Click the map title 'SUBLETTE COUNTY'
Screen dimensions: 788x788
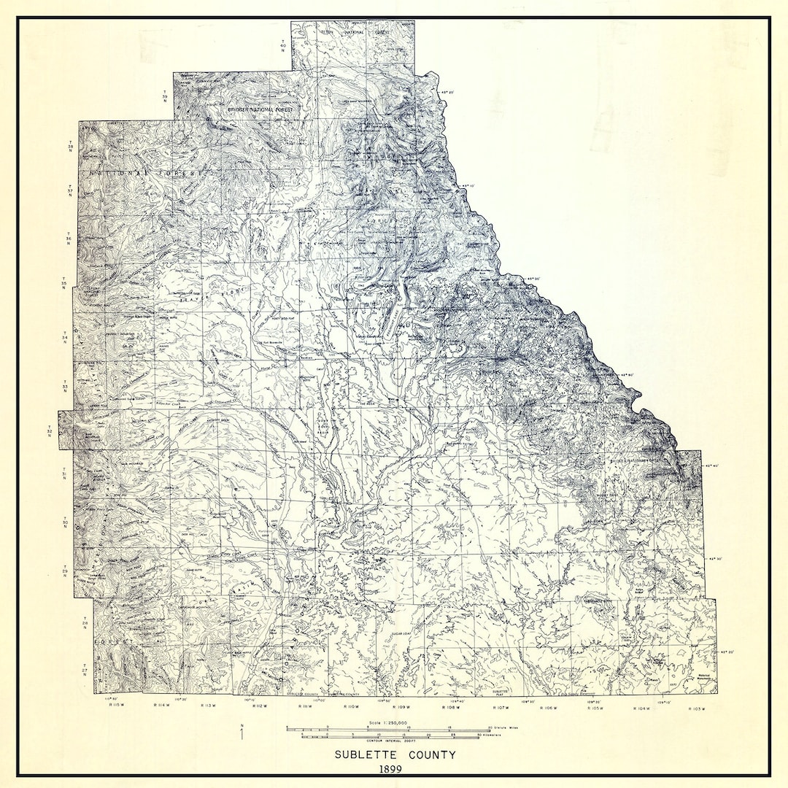[x=395, y=754]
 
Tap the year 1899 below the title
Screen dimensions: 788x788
[x=394, y=768]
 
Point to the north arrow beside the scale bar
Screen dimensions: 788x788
[x=242, y=732]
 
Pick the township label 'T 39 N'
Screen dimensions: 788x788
[x=165, y=96]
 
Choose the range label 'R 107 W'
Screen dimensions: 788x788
[x=500, y=707]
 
